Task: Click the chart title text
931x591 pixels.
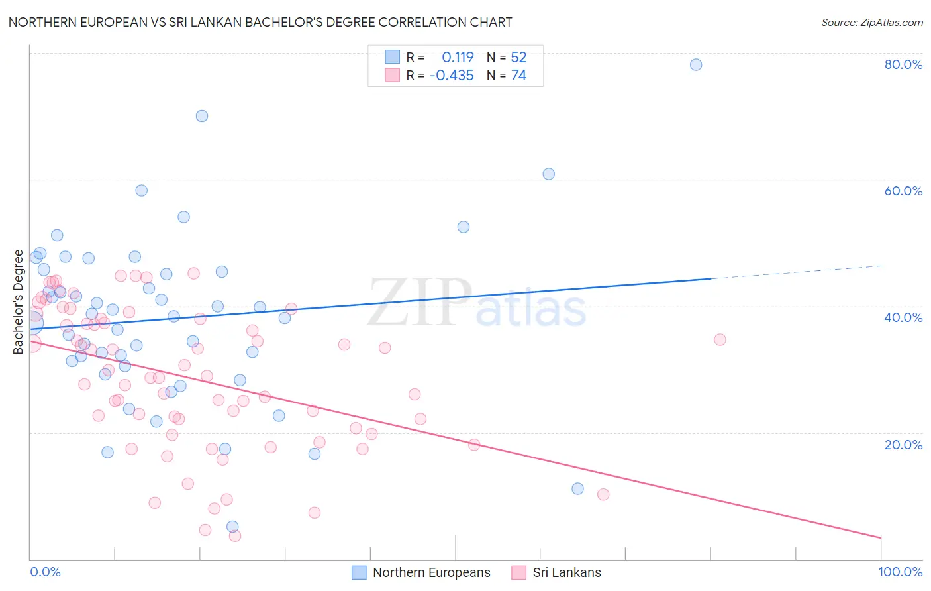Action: [x=260, y=22]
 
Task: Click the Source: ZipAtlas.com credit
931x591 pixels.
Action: [x=871, y=23]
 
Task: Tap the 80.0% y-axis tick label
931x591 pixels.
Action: [x=903, y=64]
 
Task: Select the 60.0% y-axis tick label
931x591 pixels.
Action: [x=903, y=191]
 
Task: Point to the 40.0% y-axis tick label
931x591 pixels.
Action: [x=903, y=317]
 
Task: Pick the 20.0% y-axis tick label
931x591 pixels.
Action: [x=903, y=445]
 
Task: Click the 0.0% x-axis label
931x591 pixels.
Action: [x=45, y=572]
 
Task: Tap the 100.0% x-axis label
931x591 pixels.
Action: [x=900, y=572]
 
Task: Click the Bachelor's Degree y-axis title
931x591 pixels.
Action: [x=18, y=302]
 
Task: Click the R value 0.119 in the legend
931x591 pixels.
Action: [x=458, y=58]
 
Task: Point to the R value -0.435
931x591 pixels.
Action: [x=452, y=76]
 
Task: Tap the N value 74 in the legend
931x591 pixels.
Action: [x=518, y=76]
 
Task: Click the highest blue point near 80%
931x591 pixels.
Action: [x=696, y=64]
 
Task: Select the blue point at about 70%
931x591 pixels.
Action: [x=202, y=116]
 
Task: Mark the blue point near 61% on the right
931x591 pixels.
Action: [x=549, y=174]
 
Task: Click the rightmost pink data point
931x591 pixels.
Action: [x=720, y=339]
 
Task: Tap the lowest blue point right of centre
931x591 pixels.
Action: [x=577, y=488]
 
